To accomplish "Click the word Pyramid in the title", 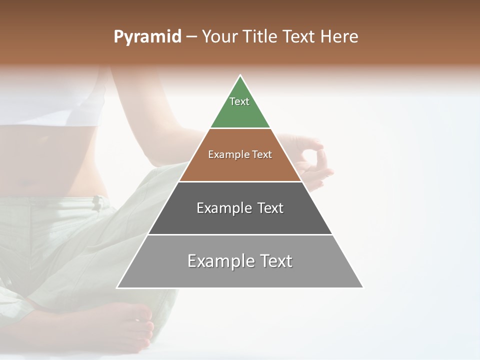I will click(147, 37).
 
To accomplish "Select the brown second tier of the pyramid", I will click(240, 167).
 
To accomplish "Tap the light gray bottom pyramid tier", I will click(240, 275).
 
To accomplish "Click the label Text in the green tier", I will click(239, 101).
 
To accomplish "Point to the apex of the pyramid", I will click(240, 76).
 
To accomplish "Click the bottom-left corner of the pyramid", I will click(118, 287).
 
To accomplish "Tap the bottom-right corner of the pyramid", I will click(362, 287).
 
